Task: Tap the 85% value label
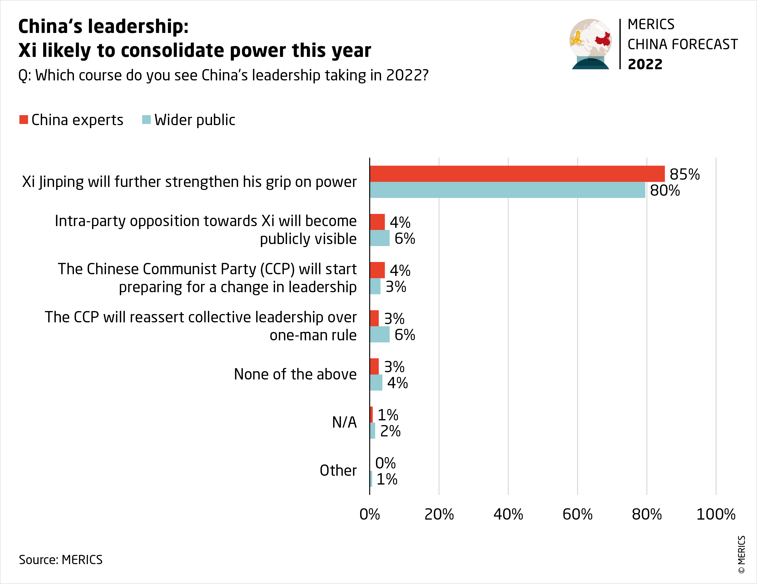(x=685, y=174)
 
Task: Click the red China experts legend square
(x=24, y=120)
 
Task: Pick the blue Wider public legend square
(x=146, y=120)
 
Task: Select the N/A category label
(x=344, y=422)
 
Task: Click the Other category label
(x=338, y=471)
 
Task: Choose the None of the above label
(x=295, y=374)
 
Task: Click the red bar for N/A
(x=371, y=414)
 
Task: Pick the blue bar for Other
(x=371, y=479)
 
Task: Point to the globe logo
(x=590, y=44)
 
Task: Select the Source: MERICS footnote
(x=61, y=560)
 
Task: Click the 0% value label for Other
(x=385, y=463)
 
